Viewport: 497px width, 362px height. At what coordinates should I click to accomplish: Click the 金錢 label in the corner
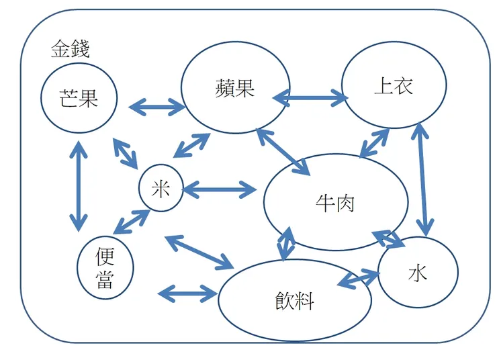(70, 49)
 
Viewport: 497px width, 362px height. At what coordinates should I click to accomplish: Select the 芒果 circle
(79, 99)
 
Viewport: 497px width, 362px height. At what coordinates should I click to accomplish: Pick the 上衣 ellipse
(394, 85)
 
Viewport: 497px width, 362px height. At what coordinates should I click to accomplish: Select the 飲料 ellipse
(295, 301)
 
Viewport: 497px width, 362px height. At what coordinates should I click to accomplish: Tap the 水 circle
(418, 273)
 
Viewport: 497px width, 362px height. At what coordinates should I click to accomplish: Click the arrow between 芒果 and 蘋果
(156, 105)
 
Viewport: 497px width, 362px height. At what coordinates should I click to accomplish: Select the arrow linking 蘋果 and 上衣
(310, 98)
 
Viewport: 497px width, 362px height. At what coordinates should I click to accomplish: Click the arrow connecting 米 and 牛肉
(219, 190)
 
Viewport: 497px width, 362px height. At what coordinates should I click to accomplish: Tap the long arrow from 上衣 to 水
(423, 179)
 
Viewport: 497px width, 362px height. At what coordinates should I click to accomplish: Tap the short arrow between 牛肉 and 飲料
(286, 244)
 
